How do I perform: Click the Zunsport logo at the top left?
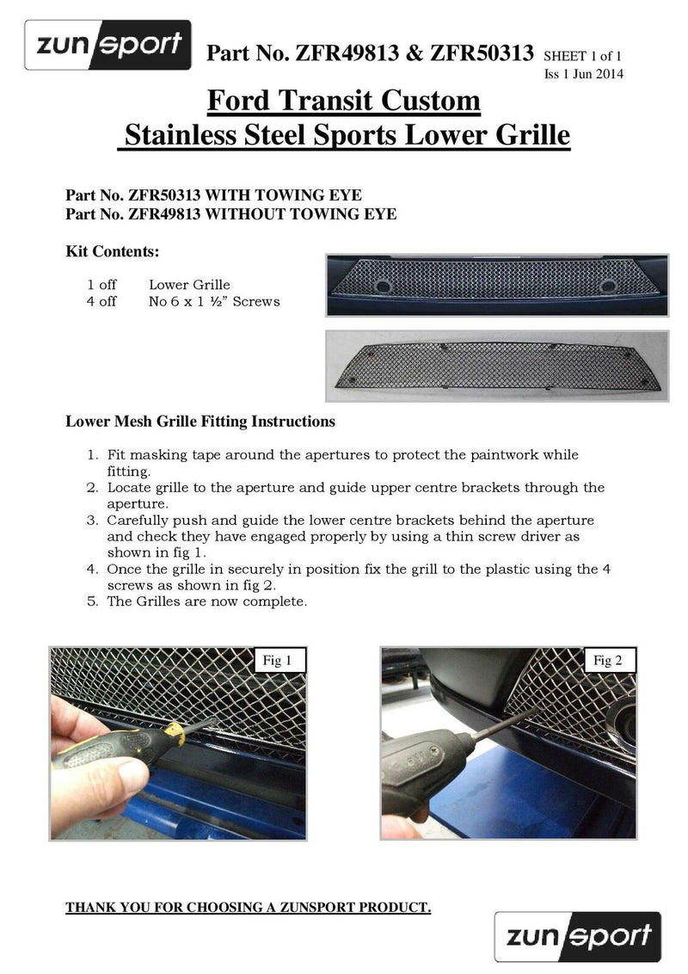(x=107, y=45)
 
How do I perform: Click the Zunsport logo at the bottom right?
(x=577, y=936)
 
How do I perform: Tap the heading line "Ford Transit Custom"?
(x=343, y=101)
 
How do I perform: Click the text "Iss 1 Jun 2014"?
(x=584, y=74)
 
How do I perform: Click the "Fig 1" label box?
(x=276, y=661)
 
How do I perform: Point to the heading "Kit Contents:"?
(x=112, y=252)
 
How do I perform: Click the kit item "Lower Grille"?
(x=189, y=285)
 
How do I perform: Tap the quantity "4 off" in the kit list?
(x=101, y=302)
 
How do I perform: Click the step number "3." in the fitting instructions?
(x=93, y=521)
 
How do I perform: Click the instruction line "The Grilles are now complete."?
(x=206, y=601)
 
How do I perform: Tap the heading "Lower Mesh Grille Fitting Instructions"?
(x=200, y=422)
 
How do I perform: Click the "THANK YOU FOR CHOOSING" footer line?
(x=248, y=908)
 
